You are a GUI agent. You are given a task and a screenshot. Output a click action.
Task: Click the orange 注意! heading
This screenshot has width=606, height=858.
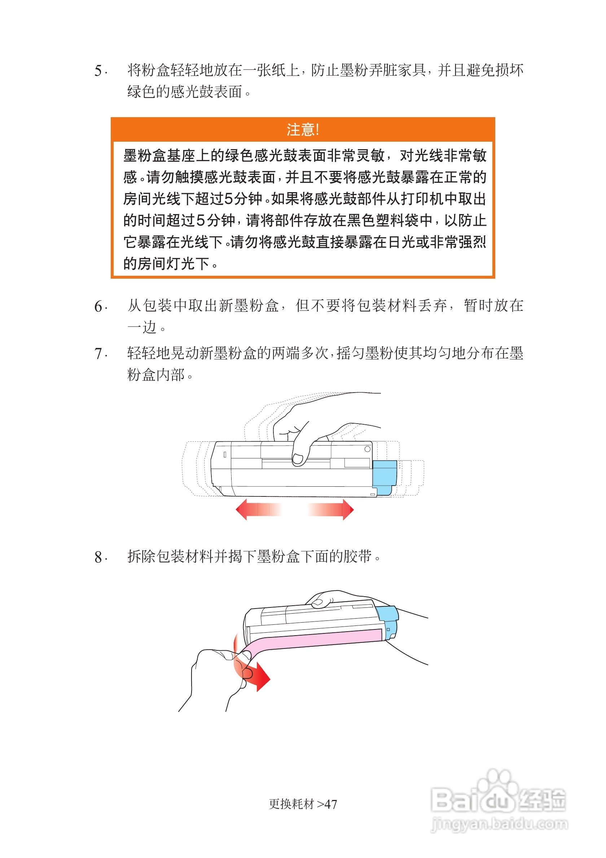point(302,130)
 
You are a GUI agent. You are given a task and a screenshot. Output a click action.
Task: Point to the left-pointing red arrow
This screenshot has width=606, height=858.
point(258,509)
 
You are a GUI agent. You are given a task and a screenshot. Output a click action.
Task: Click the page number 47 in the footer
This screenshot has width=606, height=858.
point(330,804)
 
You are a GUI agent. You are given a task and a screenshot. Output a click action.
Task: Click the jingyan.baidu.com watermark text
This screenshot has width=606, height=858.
point(500,824)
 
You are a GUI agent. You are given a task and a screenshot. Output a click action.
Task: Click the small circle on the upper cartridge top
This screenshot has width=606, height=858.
point(368,449)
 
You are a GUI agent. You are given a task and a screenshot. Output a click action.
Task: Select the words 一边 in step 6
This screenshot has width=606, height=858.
point(142,328)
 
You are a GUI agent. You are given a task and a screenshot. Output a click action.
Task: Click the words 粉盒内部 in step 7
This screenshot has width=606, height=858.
point(156,375)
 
